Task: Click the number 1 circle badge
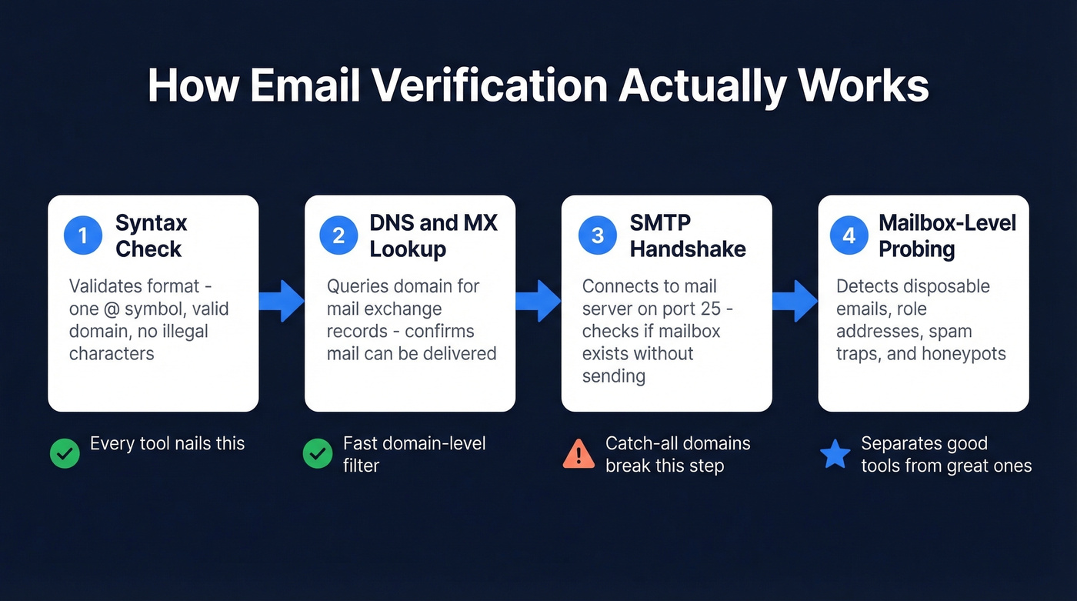[83, 235]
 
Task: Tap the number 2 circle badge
[338, 235]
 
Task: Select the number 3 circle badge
[597, 235]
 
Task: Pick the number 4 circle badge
[849, 235]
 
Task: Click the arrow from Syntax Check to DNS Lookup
[282, 301]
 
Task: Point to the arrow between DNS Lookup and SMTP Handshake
[538, 301]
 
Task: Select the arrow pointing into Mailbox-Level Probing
[795, 301]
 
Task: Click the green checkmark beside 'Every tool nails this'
[65, 454]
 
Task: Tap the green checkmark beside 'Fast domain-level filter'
[317, 454]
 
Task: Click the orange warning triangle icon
[579, 454]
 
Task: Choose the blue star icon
[835, 454]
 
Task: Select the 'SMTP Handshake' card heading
[687, 235]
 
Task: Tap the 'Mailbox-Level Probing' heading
[947, 235]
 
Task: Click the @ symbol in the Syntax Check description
[111, 309]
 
